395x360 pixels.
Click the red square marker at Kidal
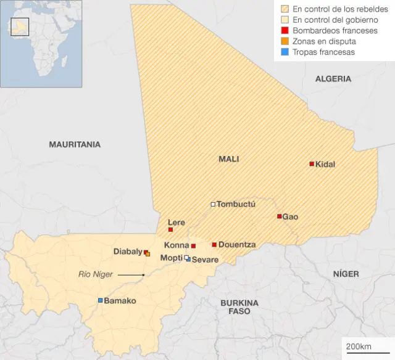pyautogui.click(x=312, y=164)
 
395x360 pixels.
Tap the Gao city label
pyautogui.click(x=290, y=217)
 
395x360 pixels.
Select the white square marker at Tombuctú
pyautogui.click(x=213, y=204)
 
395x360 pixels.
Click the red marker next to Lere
pyautogui.click(x=171, y=230)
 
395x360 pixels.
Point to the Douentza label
pyautogui.click(x=237, y=245)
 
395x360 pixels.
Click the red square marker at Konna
pyautogui.click(x=193, y=246)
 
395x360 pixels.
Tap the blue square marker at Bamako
pyautogui.click(x=100, y=300)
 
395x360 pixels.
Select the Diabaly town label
pyautogui.click(x=128, y=252)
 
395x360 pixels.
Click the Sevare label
pyautogui.click(x=205, y=260)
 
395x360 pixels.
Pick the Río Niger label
pyautogui.click(x=96, y=274)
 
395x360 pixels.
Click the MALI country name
pyautogui.click(x=228, y=159)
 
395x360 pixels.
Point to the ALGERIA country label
pyautogui.click(x=333, y=79)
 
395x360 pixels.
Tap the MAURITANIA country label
pyautogui.click(x=75, y=144)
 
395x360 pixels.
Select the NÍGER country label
pyautogui.click(x=346, y=273)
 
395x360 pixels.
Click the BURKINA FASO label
pyautogui.click(x=239, y=307)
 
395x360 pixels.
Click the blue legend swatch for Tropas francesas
pyautogui.click(x=285, y=52)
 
